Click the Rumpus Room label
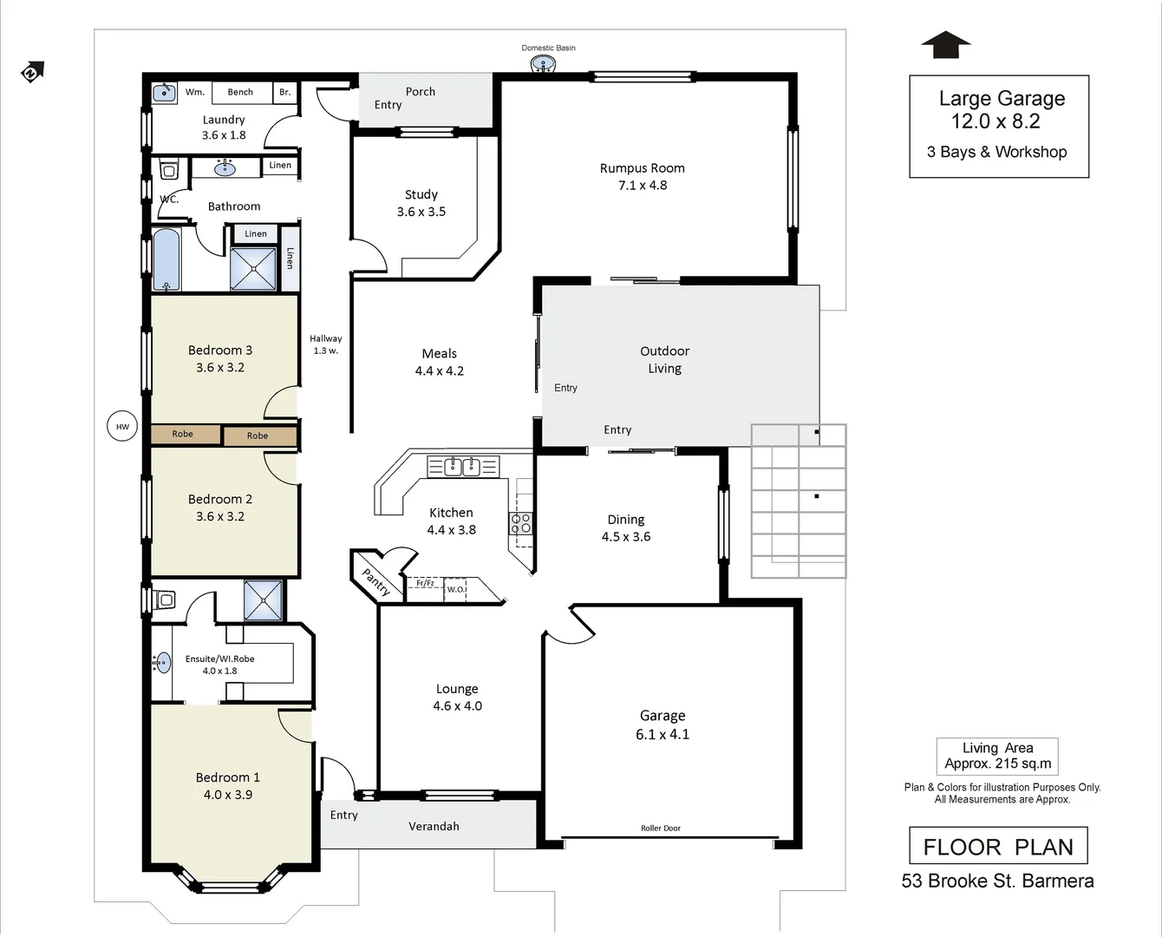click(642, 168)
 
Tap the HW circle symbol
click(122, 426)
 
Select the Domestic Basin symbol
click(544, 63)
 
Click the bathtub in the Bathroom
click(166, 259)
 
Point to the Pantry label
click(375, 581)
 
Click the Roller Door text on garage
click(660, 829)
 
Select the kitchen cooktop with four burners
click(520, 523)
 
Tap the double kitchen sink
click(462, 467)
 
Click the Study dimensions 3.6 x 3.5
click(421, 212)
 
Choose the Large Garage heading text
click(1002, 99)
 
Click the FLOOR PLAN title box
click(998, 846)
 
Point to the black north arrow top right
click(945, 45)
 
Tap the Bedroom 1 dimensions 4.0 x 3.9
click(228, 795)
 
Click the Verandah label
click(434, 826)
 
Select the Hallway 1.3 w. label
click(326, 344)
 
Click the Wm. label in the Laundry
click(194, 92)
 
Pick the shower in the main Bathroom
click(253, 269)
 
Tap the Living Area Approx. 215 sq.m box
click(997, 756)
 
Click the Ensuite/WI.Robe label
click(219, 659)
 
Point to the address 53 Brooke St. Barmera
click(997, 881)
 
